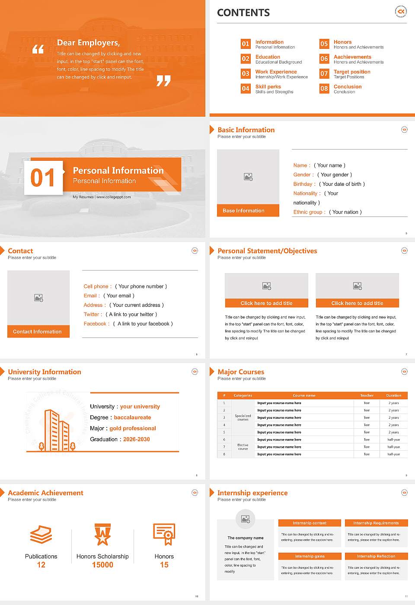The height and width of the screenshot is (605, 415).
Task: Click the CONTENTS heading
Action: coord(243,13)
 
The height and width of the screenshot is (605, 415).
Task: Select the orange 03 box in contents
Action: coord(246,73)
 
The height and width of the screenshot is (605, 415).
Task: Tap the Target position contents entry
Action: coord(351,72)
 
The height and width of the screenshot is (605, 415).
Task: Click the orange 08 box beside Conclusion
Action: coord(324,89)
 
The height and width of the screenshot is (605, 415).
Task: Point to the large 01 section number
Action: coord(43,178)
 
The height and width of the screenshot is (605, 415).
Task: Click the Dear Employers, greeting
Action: coord(88,42)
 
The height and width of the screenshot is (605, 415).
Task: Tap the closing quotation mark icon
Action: coord(163,81)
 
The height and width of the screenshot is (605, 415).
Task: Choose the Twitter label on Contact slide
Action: coord(93,315)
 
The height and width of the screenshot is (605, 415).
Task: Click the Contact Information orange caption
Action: coord(38,331)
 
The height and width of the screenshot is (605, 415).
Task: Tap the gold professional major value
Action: coord(132,428)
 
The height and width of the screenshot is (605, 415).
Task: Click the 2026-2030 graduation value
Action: coord(136,439)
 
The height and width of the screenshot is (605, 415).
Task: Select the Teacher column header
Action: coord(367,395)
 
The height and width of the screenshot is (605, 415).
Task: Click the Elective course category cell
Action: coord(243,447)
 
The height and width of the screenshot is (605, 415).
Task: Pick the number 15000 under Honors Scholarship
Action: coord(102,565)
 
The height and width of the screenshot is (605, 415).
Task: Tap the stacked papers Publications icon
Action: coord(41,535)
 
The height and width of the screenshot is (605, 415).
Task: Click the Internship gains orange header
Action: coord(310,556)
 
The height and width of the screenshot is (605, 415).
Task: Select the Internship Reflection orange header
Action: coord(376,556)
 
